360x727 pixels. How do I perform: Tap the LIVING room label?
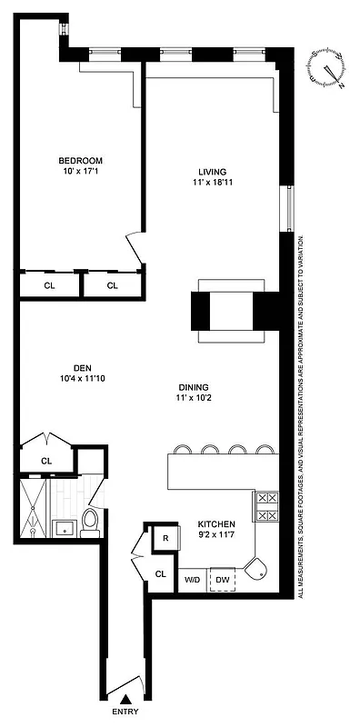point(212,172)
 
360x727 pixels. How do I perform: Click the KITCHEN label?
point(217,524)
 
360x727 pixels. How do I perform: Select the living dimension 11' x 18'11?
point(212,184)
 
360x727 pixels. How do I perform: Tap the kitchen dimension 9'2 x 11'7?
point(217,536)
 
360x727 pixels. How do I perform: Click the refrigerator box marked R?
point(165,538)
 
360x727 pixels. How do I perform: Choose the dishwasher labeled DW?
point(223,578)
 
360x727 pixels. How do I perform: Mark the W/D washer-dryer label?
point(192,578)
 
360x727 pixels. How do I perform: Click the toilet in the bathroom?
point(90,521)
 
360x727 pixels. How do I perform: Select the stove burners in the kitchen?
point(266,507)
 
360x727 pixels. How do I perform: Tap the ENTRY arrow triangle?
point(125,697)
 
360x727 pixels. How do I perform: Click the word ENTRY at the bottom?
point(125,712)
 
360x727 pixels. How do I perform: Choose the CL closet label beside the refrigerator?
point(160,573)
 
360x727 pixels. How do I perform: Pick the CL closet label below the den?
point(45,461)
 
